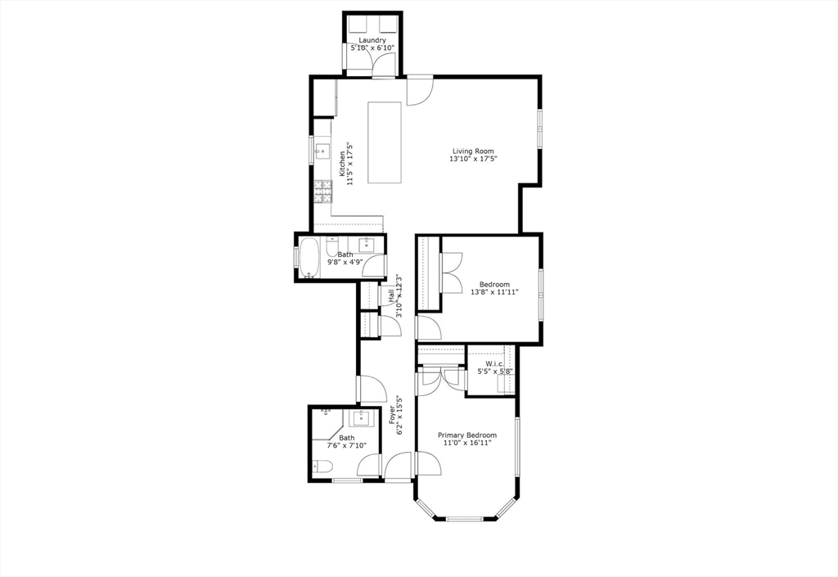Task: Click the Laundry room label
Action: click(x=372, y=40)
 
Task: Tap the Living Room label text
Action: click(x=473, y=151)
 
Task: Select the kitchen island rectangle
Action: click(x=385, y=142)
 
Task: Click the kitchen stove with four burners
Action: click(x=322, y=192)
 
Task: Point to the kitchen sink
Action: click(x=322, y=151)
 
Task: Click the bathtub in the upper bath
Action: click(x=309, y=259)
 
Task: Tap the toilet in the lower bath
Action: click(x=322, y=467)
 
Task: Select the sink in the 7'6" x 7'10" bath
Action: click(x=364, y=418)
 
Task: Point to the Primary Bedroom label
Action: click(x=467, y=435)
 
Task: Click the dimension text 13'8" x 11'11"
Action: click(x=494, y=292)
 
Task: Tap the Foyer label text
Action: click(x=392, y=415)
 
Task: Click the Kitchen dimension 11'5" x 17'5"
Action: click(x=351, y=164)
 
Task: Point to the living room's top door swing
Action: click(x=420, y=92)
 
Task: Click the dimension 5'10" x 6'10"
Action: click(x=372, y=48)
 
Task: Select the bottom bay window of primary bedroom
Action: click(x=465, y=518)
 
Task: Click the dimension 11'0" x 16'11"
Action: click(x=467, y=443)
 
